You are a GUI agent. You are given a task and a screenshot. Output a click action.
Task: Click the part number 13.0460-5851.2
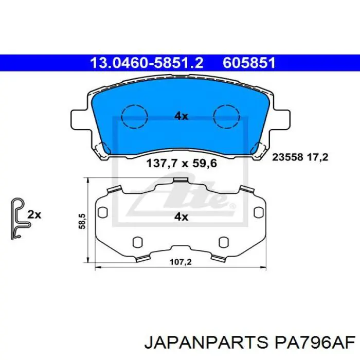[x=147, y=63]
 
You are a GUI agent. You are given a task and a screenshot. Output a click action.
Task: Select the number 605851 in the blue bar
[x=249, y=63]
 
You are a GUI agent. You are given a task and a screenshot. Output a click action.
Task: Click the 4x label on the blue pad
[x=181, y=116]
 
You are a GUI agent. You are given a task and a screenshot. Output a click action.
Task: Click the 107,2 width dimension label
[x=181, y=262]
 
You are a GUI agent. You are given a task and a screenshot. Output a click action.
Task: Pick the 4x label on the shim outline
[x=181, y=217]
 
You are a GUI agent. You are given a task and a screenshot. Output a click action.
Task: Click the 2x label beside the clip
[x=34, y=214]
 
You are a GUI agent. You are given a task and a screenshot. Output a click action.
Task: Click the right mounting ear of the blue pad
[x=281, y=119]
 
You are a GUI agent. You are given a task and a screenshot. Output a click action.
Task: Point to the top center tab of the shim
[x=180, y=179]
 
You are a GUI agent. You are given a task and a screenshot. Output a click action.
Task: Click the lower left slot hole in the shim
[x=137, y=242]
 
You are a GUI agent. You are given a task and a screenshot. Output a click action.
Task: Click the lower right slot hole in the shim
[x=223, y=242]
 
